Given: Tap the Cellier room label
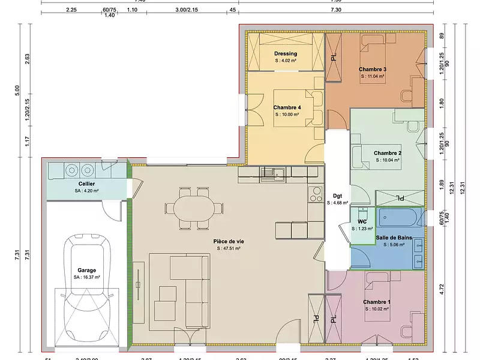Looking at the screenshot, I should click(86, 184).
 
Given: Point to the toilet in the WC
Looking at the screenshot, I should click(362, 215).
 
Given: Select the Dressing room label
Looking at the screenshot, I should click(286, 53).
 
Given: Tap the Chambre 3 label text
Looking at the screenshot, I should click(373, 69).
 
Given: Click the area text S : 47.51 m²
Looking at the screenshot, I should click(227, 248).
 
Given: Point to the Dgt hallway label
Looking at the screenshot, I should click(337, 196).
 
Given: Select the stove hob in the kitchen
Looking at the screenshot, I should click(316, 193).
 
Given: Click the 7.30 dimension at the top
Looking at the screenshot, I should click(335, 10).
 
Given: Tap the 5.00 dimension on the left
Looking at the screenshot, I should click(17, 89).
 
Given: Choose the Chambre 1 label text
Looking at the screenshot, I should click(377, 302).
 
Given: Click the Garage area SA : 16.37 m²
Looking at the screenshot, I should click(87, 277).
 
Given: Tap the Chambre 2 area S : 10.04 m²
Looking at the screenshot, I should click(388, 160).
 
